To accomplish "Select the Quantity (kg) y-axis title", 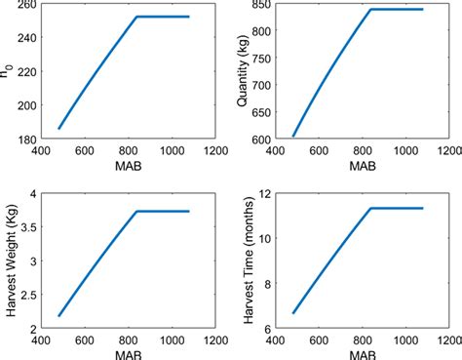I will tap(247, 71).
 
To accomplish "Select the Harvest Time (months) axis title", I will tap(247, 260).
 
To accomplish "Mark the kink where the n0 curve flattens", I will tap(136, 17).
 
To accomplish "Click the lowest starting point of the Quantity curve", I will tap(293, 137).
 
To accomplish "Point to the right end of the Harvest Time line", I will tap(423, 208).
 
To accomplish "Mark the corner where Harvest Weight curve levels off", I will tap(136, 212).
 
